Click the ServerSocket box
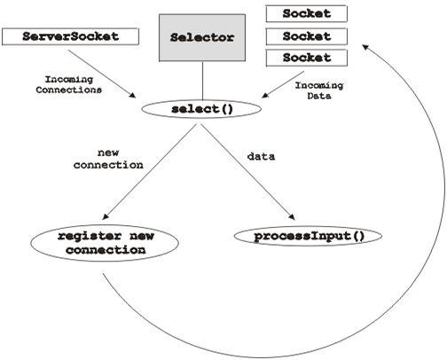70,36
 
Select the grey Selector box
202,37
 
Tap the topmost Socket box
306,13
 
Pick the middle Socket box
306,36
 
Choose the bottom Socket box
306,58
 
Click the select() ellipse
201,109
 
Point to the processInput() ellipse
308,236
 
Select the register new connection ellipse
105,243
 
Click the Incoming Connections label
69,84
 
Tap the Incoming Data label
319,90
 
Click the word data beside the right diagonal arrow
261,156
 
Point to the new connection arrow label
108,159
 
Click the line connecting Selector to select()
202,81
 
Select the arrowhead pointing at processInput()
293,217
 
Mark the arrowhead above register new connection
105,216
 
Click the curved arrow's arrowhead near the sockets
365,47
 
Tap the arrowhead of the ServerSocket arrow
132,95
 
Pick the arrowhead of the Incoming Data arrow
265,95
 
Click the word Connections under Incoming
69,90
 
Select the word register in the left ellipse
90,237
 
